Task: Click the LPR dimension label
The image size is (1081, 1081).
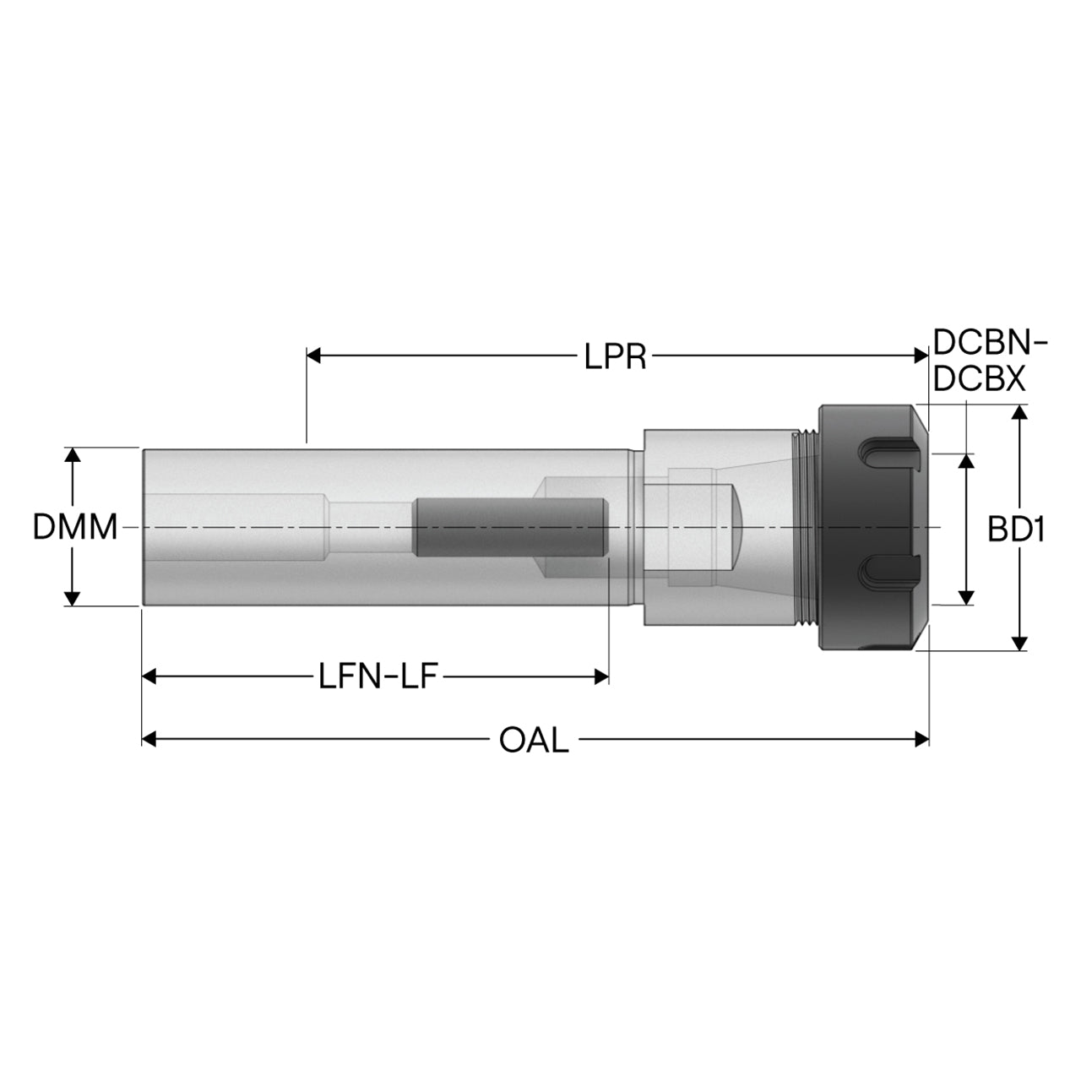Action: click(616, 356)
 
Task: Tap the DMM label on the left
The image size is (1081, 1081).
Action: click(75, 527)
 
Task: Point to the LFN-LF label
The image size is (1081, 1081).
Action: click(378, 676)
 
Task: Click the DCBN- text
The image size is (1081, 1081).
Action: click(990, 343)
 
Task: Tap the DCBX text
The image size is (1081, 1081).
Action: click(979, 380)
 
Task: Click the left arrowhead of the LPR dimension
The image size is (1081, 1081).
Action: click(313, 356)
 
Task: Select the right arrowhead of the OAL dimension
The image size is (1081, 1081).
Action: click(921, 739)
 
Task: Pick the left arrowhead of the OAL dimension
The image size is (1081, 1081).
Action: click(149, 739)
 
